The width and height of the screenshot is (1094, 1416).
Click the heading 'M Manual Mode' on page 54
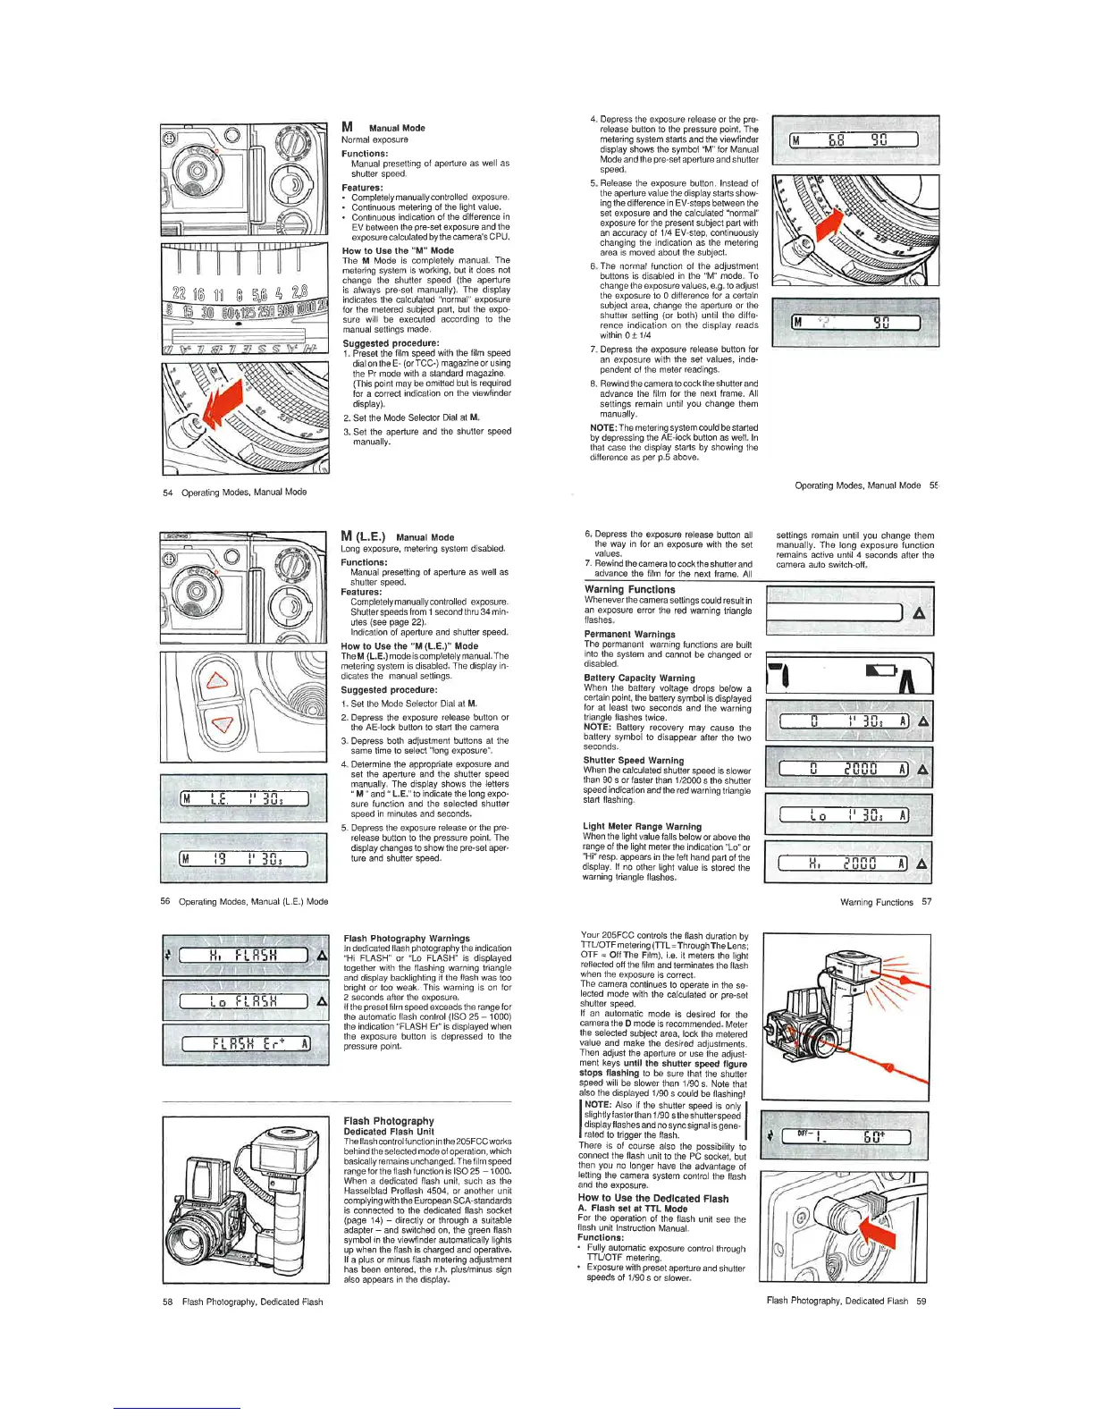click(383, 127)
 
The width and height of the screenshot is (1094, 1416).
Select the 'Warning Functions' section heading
click(629, 589)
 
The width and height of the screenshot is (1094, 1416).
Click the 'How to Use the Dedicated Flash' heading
click(652, 1198)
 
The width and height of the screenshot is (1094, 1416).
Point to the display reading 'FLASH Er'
click(245, 1043)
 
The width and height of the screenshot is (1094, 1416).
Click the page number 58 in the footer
click(167, 1302)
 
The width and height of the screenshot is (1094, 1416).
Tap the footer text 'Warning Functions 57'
click(885, 902)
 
